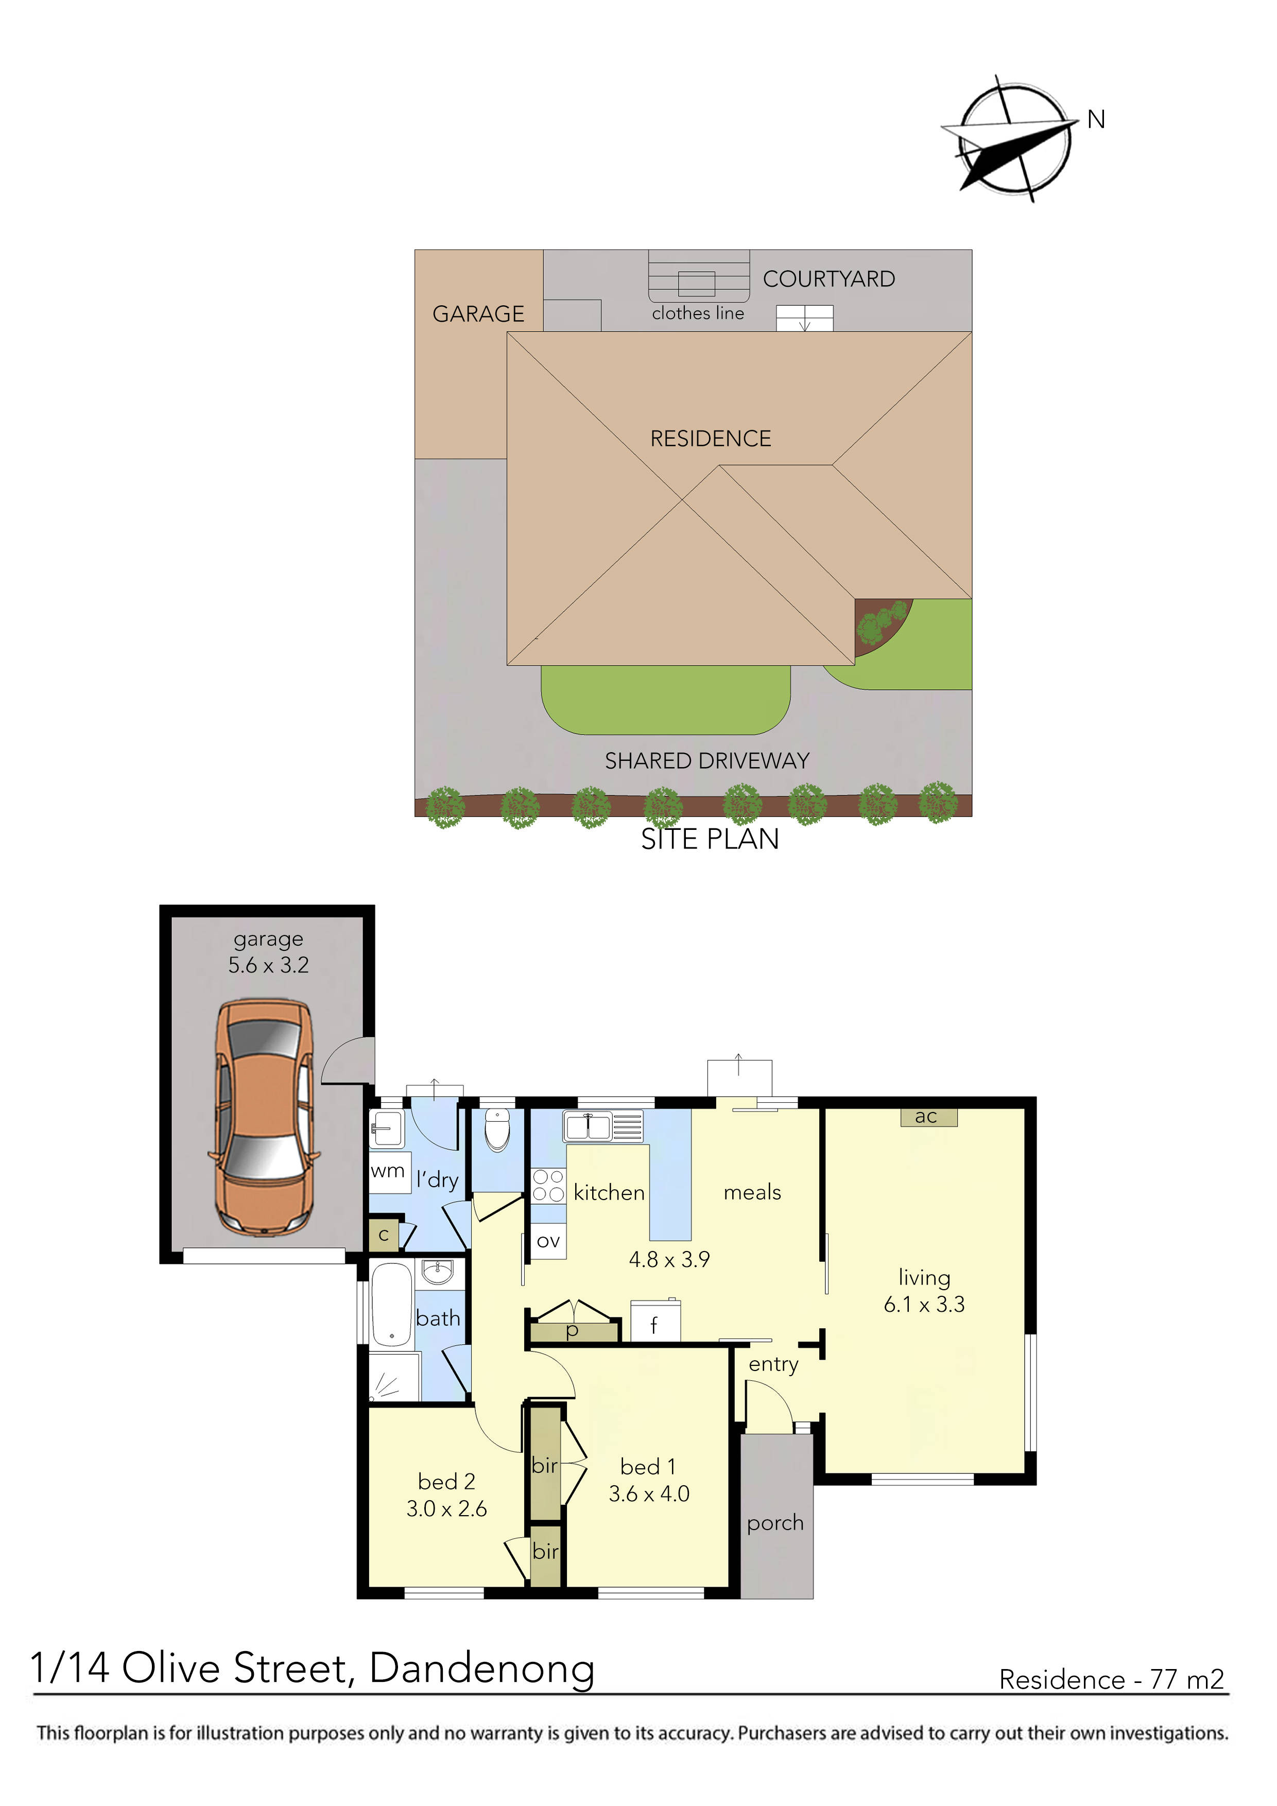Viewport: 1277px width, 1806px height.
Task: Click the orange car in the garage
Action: pos(264,1117)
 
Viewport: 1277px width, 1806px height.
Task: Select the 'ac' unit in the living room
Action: pos(928,1117)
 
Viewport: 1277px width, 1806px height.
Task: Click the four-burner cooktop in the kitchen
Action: pos(548,1186)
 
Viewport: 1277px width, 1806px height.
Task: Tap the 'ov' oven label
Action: pos(548,1241)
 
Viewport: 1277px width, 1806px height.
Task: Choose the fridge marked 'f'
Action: pos(654,1325)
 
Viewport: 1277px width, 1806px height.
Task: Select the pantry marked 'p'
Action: pos(573,1331)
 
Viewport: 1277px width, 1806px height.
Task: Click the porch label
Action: pos(775,1523)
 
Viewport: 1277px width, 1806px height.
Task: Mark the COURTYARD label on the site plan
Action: pos(829,279)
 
